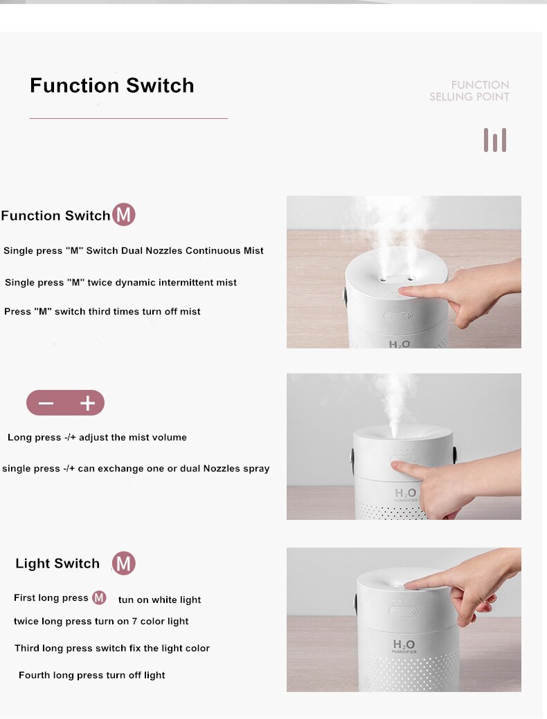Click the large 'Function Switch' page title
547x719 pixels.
[112, 86]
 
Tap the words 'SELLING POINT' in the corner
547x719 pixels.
[469, 97]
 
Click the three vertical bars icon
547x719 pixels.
[494, 140]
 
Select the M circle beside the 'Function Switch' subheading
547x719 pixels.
[123, 214]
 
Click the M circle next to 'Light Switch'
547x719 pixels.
[123, 563]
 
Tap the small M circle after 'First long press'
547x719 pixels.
[99, 597]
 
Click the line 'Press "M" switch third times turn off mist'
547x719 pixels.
[102, 311]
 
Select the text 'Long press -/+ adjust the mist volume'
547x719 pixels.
[97, 438]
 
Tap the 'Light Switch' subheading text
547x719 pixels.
[57, 563]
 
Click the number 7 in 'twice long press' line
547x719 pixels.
[134, 622]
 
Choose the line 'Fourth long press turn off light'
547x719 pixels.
[92, 675]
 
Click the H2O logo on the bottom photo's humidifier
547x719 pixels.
[404, 645]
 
